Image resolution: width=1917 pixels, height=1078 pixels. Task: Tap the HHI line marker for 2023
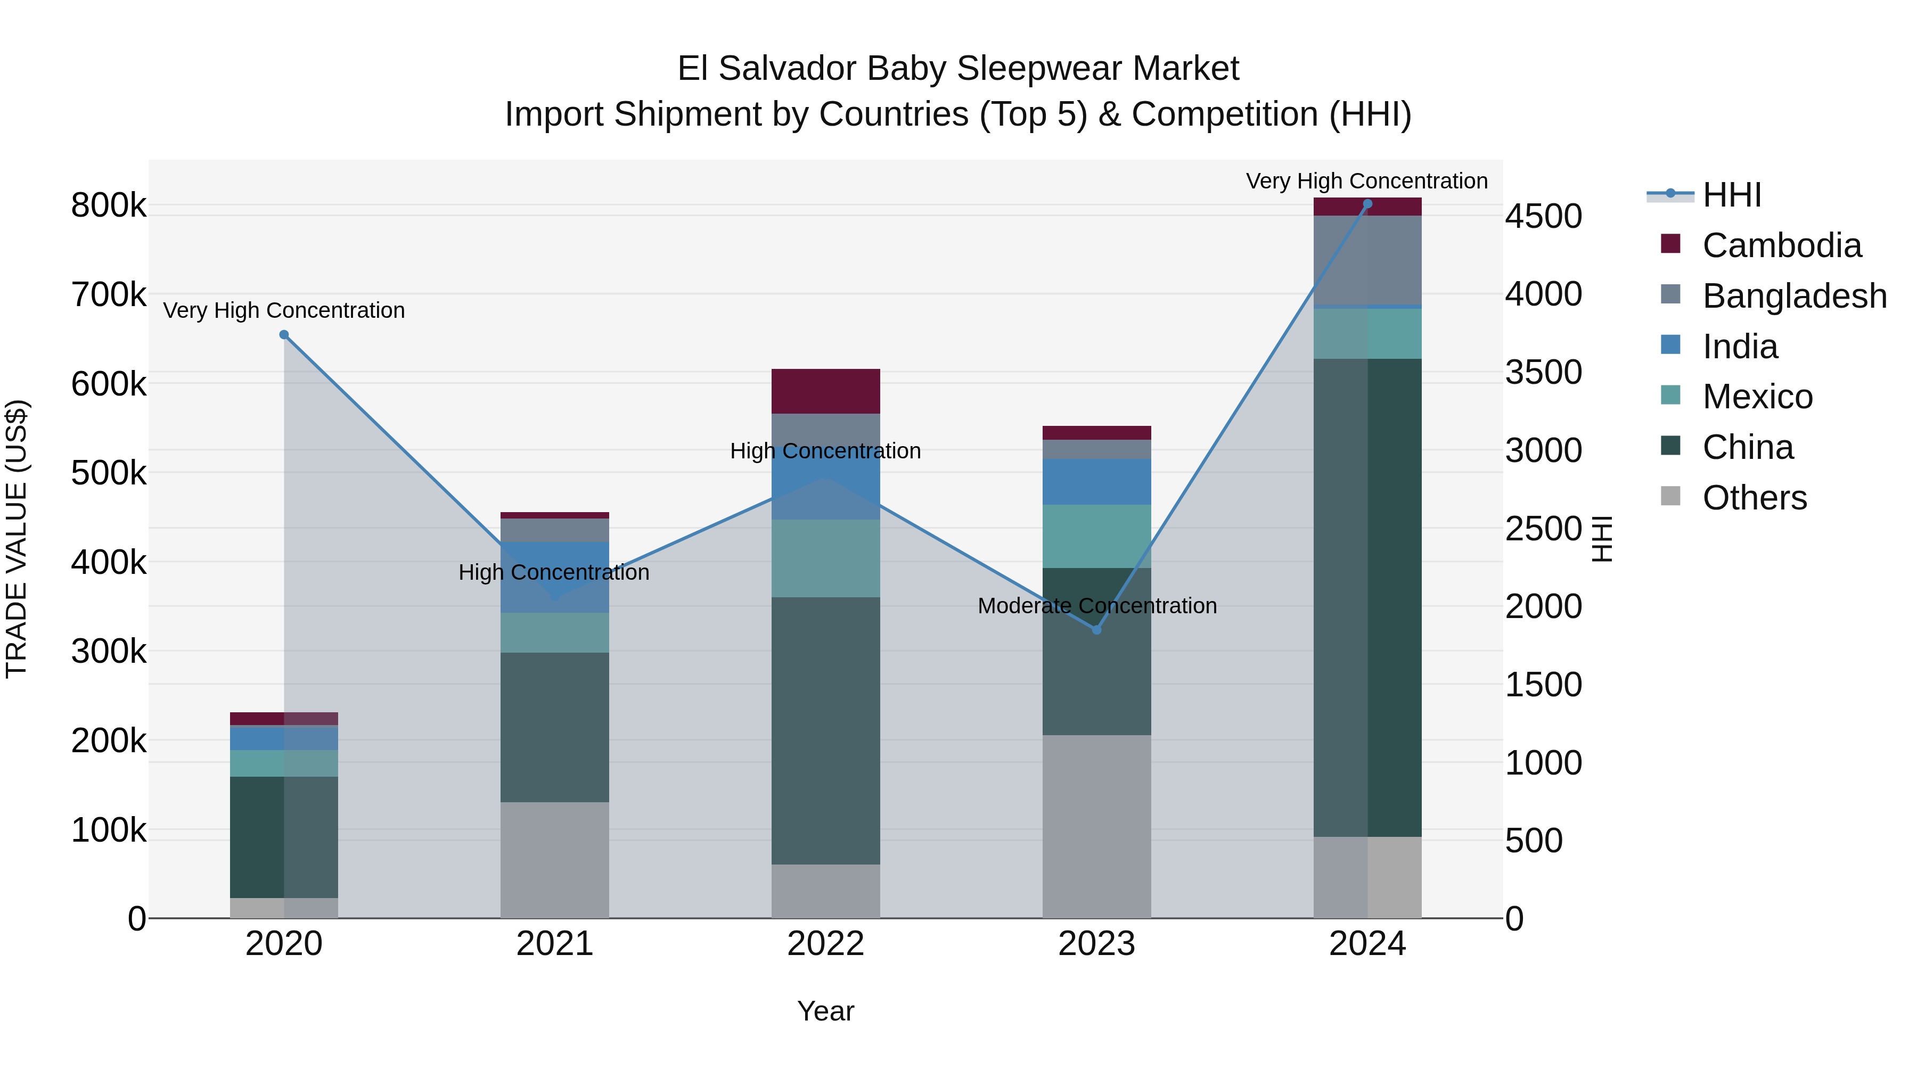(1096, 630)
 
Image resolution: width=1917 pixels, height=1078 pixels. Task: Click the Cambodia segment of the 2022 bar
(825, 391)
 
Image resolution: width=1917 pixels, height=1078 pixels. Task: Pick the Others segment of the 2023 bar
(1096, 826)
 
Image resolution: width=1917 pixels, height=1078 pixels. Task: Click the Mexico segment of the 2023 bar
(1096, 537)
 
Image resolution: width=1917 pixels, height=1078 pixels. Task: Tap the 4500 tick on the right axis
(1543, 217)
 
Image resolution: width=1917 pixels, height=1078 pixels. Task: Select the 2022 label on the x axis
(825, 944)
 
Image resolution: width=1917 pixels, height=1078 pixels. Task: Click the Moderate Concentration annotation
(1097, 606)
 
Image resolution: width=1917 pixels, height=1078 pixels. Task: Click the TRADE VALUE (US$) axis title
(17, 539)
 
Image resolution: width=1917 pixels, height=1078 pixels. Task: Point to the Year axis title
(825, 1011)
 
